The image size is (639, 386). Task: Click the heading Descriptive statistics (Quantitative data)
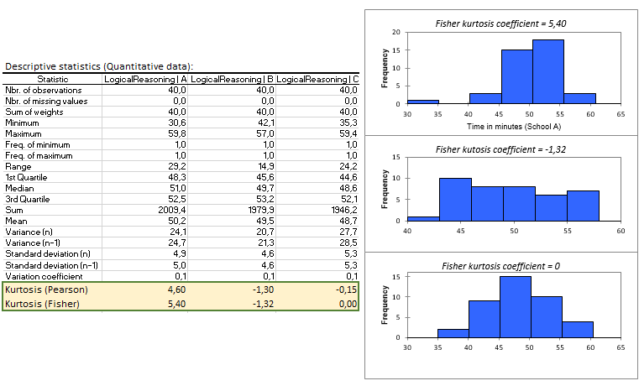coord(99,66)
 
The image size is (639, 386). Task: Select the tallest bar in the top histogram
coord(548,71)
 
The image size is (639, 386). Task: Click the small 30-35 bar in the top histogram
coord(423,102)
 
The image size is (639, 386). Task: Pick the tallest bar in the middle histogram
coord(455,199)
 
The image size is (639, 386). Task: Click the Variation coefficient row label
coord(44,275)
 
